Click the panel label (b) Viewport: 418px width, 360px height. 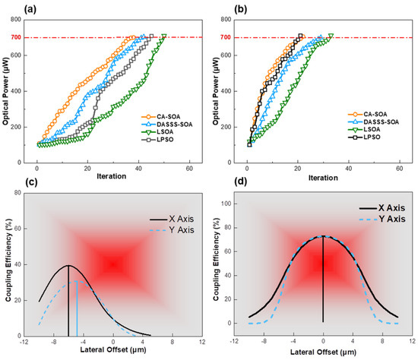click(x=226, y=10)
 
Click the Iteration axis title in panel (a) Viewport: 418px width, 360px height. click(x=112, y=177)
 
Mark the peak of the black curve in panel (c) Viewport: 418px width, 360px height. click(x=68, y=266)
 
